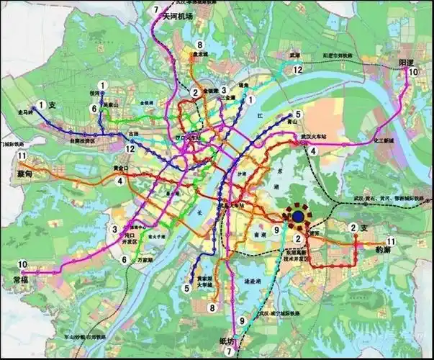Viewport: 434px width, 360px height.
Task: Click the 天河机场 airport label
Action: coord(178,16)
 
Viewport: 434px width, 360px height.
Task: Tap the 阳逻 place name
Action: coord(408,63)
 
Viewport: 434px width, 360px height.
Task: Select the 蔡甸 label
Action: coord(24,174)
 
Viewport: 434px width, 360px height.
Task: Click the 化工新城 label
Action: coord(386,141)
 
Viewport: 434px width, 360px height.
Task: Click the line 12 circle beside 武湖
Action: coord(297,69)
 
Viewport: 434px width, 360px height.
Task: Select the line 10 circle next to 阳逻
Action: coord(412,72)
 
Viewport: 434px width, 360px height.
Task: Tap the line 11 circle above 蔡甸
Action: coord(22,156)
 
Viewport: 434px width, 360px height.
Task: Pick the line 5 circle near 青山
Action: coord(297,114)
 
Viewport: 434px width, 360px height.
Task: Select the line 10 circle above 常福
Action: coord(22,264)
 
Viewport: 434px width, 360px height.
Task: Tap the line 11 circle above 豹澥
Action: coord(391,241)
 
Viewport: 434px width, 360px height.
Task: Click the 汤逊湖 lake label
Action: coord(256,281)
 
